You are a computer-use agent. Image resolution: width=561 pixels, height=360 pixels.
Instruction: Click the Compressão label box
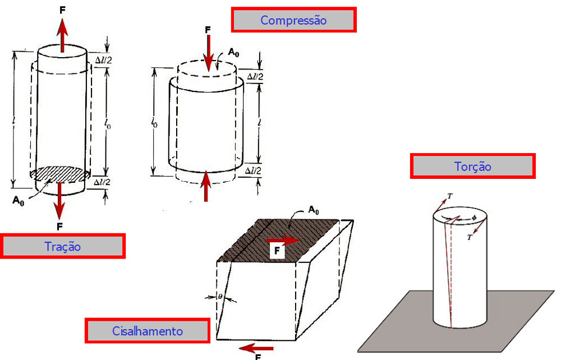tap(293, 20)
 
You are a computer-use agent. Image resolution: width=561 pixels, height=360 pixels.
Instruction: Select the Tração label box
tap(62, 246)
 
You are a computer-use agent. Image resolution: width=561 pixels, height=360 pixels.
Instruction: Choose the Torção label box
tap(472, 167)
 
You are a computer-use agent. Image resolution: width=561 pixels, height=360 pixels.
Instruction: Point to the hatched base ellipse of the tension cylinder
tap(59, 174)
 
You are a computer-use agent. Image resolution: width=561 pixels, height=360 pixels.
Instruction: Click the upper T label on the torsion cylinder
tap(450, 196)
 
